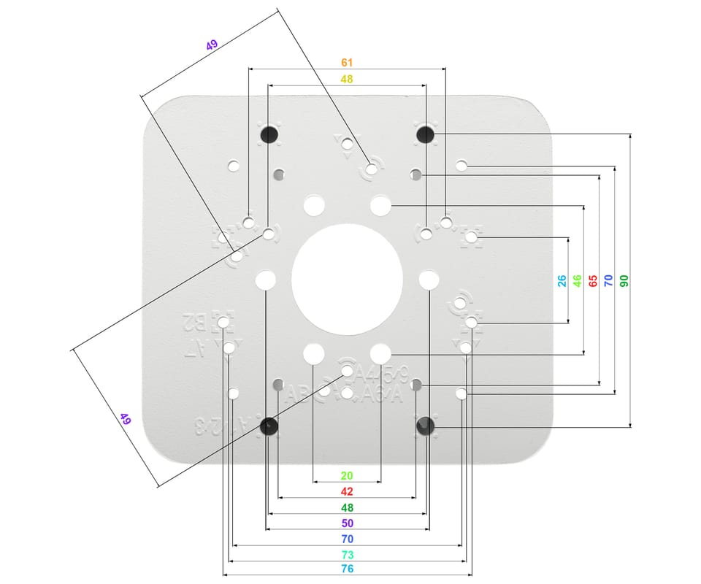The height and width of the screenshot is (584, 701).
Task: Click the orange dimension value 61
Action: coord(348,64)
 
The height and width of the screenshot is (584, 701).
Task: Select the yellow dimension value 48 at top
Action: coord(348,79)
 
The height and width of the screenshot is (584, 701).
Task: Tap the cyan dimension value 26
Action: coord(562,280)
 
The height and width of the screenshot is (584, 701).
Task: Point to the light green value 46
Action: coord(578,280)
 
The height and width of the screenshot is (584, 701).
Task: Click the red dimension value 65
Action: coord(593,280)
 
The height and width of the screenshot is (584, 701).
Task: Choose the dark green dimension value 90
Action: coord(624,280)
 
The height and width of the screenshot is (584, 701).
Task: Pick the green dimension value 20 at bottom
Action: coord(347,475)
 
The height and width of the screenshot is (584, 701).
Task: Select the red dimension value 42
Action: coord(347,491)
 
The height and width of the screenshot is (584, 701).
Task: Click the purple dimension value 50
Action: coord(347,523)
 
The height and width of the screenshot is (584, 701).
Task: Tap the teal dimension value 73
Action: coord(347,555)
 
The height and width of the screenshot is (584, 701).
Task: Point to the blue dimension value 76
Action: coord(347,569)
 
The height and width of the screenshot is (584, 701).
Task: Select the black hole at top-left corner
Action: coord(269,134)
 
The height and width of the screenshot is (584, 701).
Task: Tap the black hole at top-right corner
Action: coord(425,134)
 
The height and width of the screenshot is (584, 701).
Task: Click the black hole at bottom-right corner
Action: coord(425,426)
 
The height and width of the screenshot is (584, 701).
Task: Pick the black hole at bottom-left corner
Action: coord(269,426)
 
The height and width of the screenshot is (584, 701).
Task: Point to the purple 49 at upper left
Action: coord(212,45)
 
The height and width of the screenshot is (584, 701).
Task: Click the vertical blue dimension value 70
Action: coord(608,280)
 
